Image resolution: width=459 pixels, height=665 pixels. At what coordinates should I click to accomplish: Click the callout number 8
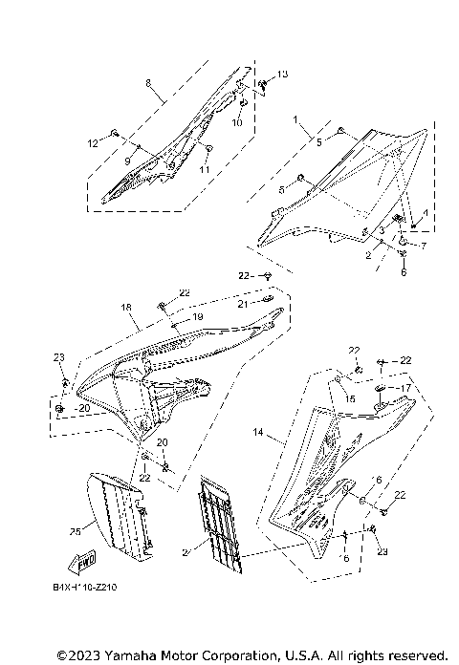click(x=148, y=83)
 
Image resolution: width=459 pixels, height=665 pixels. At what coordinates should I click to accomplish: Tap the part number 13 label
click(x=282, y=74)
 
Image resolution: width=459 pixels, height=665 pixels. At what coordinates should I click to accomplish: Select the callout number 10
click(x=238, y=123)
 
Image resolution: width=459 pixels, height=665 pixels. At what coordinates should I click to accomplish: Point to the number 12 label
click(x=94, y=142)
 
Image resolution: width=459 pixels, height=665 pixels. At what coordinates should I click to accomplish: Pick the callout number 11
click(x=204, y=169)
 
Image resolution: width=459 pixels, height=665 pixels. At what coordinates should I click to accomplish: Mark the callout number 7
click(x=424, y=247)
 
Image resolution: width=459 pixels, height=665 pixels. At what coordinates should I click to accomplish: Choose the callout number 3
click(x=381, y=231)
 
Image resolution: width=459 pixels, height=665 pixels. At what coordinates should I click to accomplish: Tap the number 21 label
click(x=243, y=303)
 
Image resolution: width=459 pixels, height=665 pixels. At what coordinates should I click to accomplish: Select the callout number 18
click(x=125, y=308)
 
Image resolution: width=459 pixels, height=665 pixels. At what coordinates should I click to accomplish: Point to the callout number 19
click(x=199, y=316)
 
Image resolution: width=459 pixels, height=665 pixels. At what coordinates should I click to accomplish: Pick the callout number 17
click(x=405, y=388)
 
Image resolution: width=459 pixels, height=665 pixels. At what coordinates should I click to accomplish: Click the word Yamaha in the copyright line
click(x=123, y=655)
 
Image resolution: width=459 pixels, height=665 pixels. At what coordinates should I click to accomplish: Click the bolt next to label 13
click(x=265, y=83)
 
